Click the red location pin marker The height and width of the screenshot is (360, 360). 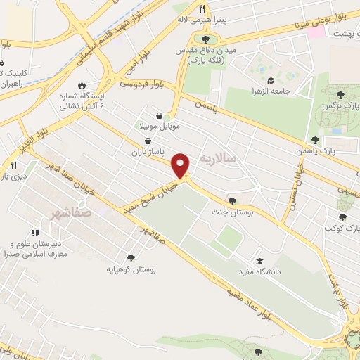181,165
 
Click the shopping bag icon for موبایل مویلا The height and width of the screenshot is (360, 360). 160,117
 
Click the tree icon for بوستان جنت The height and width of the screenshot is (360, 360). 232,200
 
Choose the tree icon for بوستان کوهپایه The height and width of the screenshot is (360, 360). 131,258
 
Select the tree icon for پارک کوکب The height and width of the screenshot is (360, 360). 342,218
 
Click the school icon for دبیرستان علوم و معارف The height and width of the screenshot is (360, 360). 34,233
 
